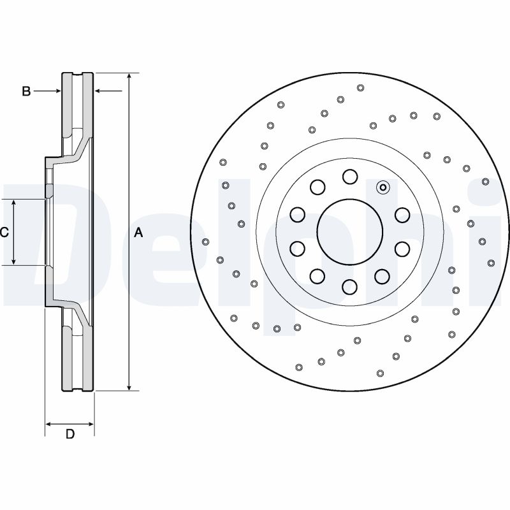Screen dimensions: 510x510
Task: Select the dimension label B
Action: coord(26,91)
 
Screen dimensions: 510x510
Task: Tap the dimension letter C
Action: coord(4,233)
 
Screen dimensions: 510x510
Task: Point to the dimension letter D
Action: coord(70,435)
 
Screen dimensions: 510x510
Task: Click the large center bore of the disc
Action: coord(349,231)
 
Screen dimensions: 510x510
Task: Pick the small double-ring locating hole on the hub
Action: coord(382,187)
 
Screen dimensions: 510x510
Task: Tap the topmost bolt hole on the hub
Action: coord(349,176)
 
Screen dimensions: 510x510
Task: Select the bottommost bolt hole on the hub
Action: coord(349,288)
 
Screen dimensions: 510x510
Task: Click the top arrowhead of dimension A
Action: coord(129,76)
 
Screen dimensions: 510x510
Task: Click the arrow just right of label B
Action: coord(57,91)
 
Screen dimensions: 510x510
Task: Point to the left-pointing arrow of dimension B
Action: coord(99,91)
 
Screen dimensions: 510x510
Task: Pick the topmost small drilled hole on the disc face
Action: coord(361,88)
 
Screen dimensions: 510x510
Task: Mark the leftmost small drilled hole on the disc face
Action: coord(205,242)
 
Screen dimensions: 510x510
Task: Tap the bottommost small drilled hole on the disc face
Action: coord(381,374)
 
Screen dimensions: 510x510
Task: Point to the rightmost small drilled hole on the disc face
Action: coord(491,263)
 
